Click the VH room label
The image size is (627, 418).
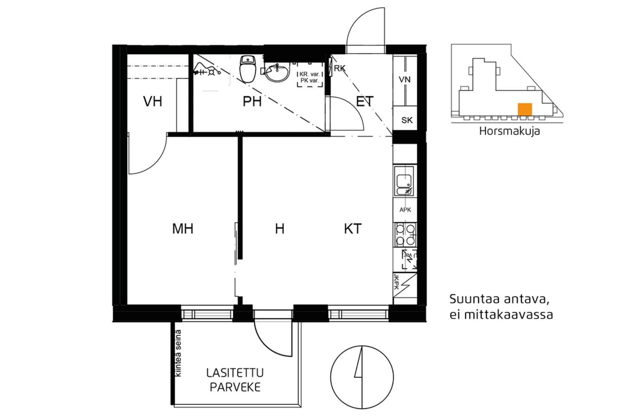(152, 101)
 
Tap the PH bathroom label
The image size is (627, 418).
(252, 101)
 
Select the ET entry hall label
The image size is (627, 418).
(364, 101)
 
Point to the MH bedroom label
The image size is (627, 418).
(183, 229)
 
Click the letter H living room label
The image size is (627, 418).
(280, 229)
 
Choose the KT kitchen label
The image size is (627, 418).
(352, 229)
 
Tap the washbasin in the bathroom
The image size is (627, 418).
(277, 73)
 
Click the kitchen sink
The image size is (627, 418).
(405, 183)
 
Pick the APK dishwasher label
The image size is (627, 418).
(405, 210)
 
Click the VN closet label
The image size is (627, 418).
(405, 79)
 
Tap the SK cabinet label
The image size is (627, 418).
(407, 120)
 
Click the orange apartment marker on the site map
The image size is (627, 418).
(525, 109)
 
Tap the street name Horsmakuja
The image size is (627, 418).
(509, 131)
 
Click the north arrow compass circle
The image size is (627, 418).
(362, 377)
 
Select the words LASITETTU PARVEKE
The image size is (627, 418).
(235, 380)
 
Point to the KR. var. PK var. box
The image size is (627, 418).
(310, 76)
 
